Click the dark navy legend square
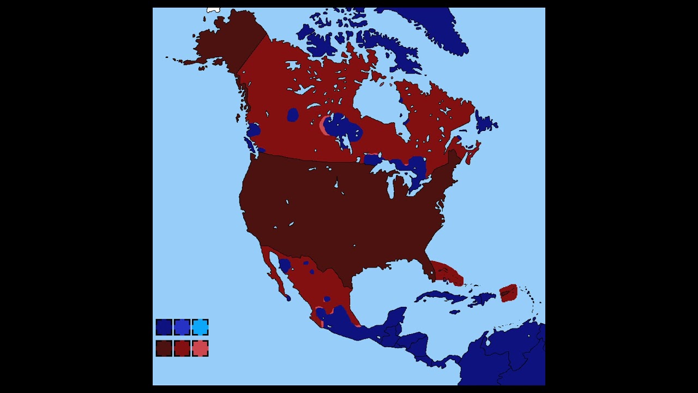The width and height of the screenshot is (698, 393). coord(164,327)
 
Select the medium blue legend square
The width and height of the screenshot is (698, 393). coord(182,327)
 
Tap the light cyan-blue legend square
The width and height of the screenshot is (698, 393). coord(200,327)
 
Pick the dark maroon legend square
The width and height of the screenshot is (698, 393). coord(164,348)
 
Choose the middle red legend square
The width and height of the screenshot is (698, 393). coord(182,348)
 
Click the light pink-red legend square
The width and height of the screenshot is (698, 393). coord(200,348)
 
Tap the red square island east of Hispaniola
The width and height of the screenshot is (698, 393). coord(508,292)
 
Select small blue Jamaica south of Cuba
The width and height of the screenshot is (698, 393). coord(454,312)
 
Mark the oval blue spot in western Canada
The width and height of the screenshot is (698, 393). coord(293,115)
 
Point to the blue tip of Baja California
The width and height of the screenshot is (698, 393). coord(288,298)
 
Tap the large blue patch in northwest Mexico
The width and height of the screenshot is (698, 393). coord(284,266)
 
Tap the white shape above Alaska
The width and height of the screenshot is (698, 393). coord(213,10)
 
